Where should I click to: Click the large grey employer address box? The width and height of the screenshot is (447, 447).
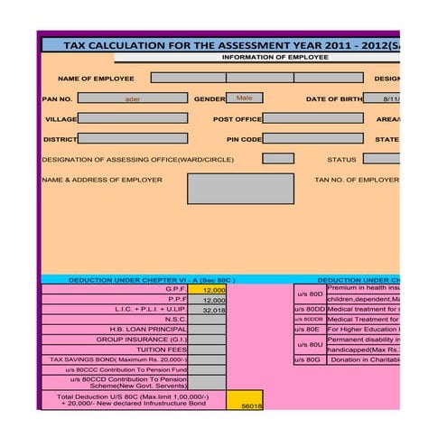click(x=240, y=188)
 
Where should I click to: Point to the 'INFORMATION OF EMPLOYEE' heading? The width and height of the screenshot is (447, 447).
click(x=275, y=58)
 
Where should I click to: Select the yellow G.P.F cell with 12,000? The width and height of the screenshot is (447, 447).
click(x=207, y=290)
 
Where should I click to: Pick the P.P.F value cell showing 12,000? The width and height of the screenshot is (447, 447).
click(x=207, y=300)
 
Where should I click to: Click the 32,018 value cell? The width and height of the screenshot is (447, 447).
click(x=207, y=310)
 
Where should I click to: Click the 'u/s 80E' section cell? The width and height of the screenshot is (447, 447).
click(x=310, y=330)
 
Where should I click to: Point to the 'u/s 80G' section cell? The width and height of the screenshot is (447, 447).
click(x=310, y=359)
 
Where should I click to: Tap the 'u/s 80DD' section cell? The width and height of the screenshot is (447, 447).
click(x=310, y=310)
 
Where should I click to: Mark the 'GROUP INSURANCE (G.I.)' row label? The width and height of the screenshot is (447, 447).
click(x=142, y=340)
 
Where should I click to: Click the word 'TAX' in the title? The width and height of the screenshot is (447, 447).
click(x=79, y=44)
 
